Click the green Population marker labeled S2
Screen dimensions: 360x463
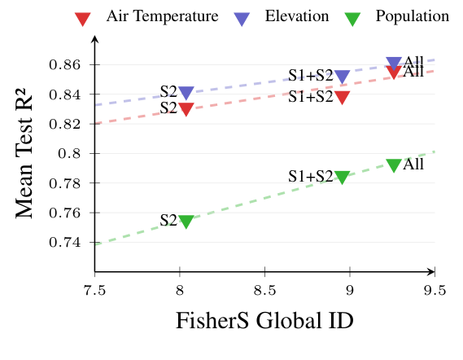[186, 222]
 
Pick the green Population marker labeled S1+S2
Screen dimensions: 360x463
[342, 178]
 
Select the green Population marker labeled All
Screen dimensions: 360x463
[394, 165]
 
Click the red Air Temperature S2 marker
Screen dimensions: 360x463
[186, 109]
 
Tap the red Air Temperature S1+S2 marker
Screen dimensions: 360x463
[342, 98]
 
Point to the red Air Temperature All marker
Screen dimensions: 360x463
[394, 72]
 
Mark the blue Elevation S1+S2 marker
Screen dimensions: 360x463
[342, 77]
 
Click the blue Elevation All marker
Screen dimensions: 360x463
[394, 64]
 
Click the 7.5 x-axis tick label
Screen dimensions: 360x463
[95, 290]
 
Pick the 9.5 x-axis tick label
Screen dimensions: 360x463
[435, 290]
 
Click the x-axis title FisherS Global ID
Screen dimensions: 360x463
[264, 322]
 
